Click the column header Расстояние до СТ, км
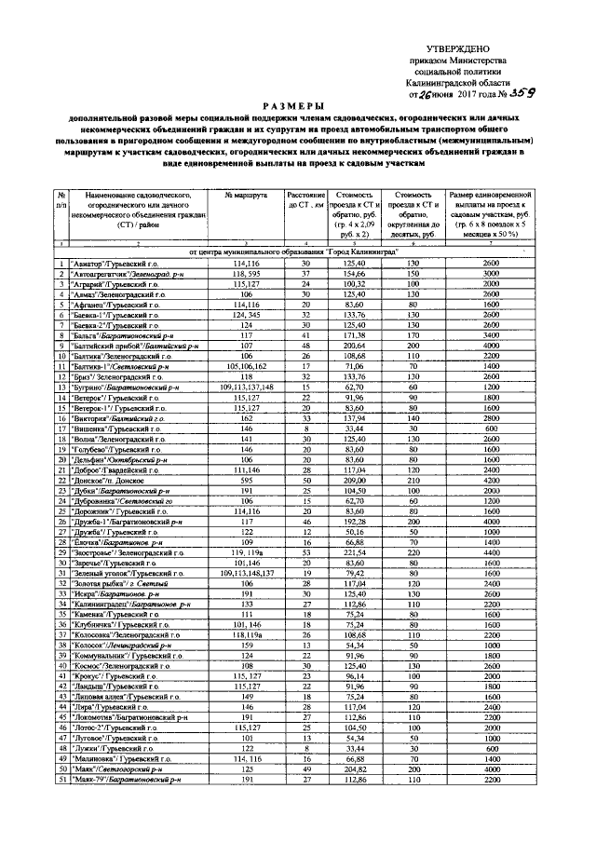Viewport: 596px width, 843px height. coord(305,199)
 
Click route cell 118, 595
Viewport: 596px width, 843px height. coord(246,275)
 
